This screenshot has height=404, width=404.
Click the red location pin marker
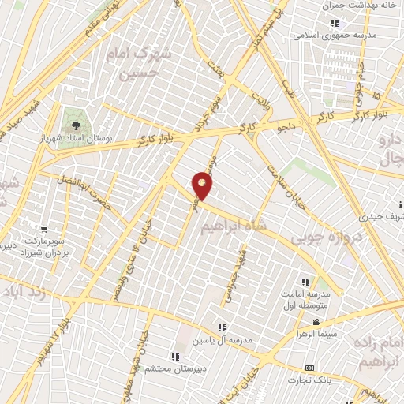[x=204, y=185]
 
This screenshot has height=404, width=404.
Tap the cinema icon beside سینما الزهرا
[x=316, y=322]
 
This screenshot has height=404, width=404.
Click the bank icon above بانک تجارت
[x=309, y=368]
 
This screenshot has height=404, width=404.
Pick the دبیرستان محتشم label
[x=179, y=368]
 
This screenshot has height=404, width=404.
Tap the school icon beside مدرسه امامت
[x=305, y=282]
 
